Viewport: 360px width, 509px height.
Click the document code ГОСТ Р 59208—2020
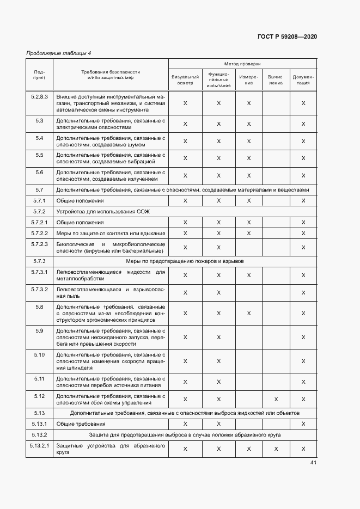pos(286,36)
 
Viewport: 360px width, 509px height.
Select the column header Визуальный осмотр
pos(185,80)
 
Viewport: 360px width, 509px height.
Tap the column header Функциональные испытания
pos(218,79)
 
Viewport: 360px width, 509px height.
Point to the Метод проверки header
pos(242,64)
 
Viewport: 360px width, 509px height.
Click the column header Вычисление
pos(276,80)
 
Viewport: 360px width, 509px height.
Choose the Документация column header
pos(303,80)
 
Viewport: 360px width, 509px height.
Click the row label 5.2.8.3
pos(39,97)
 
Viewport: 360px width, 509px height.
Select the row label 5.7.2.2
pos(39,233)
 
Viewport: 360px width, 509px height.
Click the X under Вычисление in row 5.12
pos(276,399)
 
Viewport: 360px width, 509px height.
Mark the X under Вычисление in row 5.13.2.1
pos(276,449)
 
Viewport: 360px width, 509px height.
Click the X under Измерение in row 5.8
pos(248,313)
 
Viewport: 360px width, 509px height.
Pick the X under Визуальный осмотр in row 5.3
pos(185,124)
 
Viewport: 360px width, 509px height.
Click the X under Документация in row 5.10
pos(303,361)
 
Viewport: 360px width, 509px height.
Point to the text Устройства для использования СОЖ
pos(91,211)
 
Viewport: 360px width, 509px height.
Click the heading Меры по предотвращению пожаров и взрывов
pos(182,261)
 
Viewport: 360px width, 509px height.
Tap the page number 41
pos(313,463)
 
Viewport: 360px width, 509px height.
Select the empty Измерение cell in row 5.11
pos(248,382)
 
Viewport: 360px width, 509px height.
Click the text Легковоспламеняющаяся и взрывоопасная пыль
pos(110,292)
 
